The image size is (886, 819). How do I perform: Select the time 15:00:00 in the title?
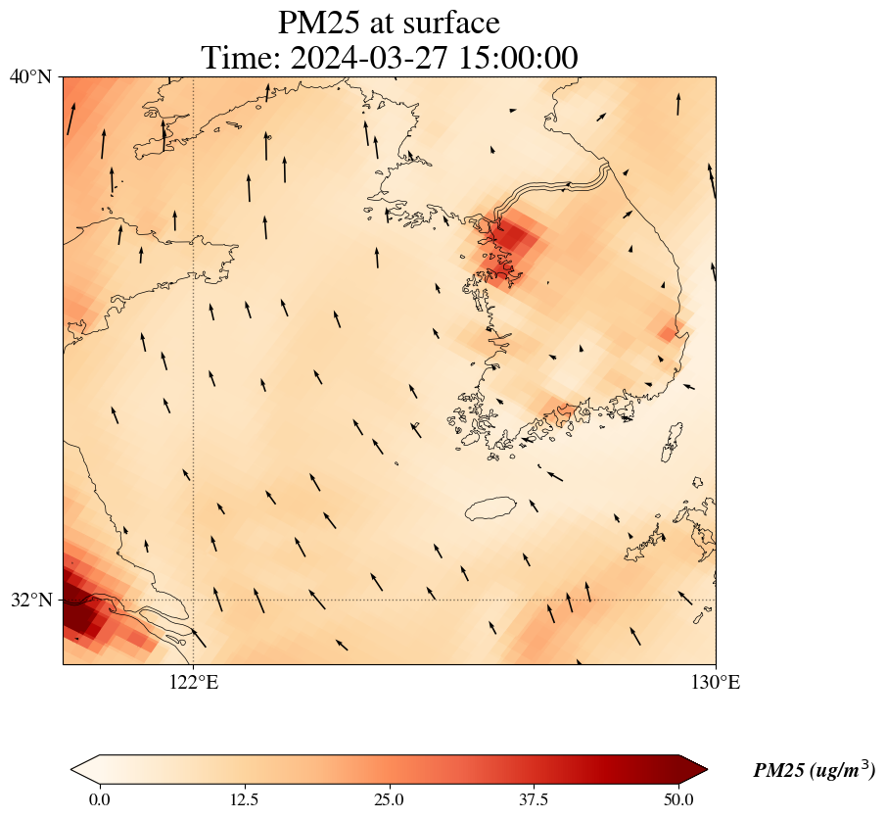[x=520, y=58]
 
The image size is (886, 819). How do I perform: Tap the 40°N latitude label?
[x=31, y=76]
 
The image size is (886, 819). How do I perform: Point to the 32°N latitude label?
[x=31, y=600]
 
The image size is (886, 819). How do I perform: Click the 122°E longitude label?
[x=194, y=682]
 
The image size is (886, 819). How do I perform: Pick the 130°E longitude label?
[x=716, y=682]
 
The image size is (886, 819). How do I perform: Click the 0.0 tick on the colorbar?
[x=99, y=799]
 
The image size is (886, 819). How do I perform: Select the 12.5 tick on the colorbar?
[x=244, y=799]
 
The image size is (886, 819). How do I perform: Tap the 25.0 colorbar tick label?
[x=389, y=799]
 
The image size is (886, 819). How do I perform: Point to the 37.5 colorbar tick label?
[x=534, y=799]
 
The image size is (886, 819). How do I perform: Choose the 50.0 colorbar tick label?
[x=678, y=799]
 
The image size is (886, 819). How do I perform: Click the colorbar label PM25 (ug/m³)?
[x=814, y=771]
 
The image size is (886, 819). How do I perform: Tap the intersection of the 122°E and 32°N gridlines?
[x=194, y=600]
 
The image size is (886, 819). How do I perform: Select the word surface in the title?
[x=449, y=22]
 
